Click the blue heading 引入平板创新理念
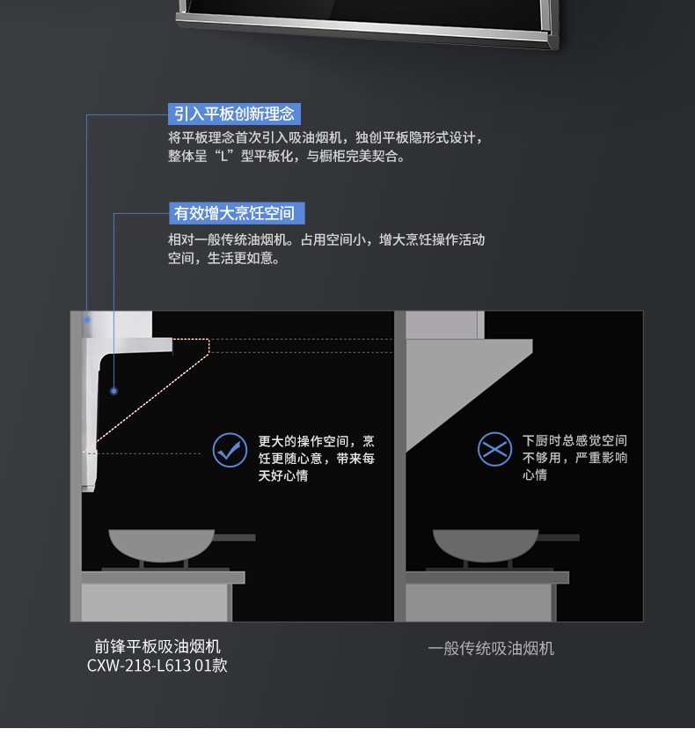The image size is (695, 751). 234,114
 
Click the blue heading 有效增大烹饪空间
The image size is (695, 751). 237,213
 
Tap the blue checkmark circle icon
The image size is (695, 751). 230,450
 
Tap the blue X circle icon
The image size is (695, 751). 495,449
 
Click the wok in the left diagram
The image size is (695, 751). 162,545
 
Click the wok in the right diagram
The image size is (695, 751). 486,545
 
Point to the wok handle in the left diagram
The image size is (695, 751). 235,537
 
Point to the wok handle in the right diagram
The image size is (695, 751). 559,537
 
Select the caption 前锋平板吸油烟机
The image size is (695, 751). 157,646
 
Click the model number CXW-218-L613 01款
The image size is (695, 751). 157,666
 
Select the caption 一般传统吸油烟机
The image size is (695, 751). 491,648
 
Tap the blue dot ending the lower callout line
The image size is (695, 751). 113,391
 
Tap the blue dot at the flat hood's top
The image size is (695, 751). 87,319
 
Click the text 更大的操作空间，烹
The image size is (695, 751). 317,440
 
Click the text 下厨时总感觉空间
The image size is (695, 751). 574,440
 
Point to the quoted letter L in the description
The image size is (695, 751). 223,156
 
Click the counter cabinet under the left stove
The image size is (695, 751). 157,602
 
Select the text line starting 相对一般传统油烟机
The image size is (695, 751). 326,239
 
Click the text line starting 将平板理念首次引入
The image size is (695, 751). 326,138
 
